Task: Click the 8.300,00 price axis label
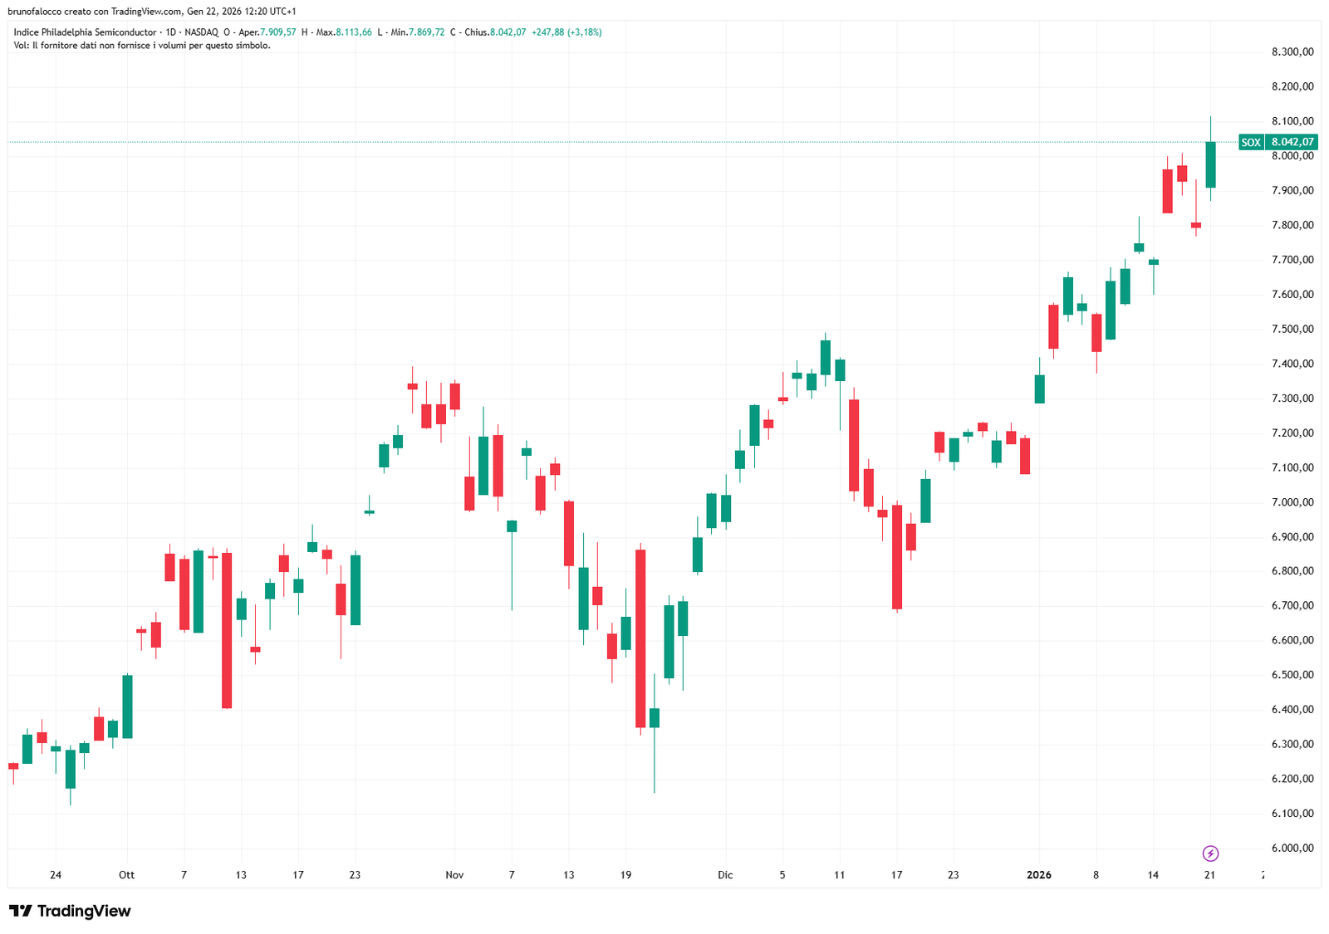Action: (1292, 52)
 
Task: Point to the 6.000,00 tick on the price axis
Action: (1292, 848)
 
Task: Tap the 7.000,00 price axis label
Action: (1292, 502)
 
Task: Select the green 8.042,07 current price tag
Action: (1292, 142)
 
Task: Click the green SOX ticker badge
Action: (1251, 142)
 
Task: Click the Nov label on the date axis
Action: (454, 875)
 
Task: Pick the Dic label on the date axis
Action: (725, 875)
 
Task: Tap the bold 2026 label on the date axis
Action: (1038, 875)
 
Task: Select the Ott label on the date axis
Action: (126, 875)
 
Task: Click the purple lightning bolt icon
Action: (1210, 853)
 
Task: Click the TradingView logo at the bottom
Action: (70, 911)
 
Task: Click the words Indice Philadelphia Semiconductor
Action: (85, 32)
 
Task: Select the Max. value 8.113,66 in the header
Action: (354, 32)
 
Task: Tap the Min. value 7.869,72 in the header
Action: (426, 32)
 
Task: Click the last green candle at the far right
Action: (1210, 164)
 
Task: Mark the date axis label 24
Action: (56, 875)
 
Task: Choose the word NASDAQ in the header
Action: (201, 32)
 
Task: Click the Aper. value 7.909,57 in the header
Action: (277, 32)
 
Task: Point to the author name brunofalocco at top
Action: (34, 12)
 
